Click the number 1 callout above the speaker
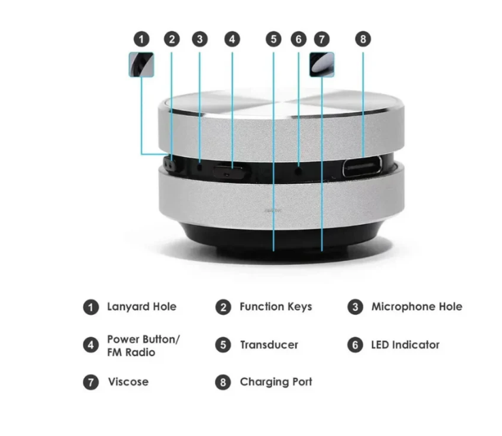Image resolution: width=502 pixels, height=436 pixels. tap(141, 40)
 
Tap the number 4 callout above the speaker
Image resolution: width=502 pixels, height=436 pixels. tap(232, 40)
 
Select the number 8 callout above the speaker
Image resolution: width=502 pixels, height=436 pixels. tap(363, 39)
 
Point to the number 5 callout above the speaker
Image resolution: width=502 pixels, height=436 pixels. tap(273, 39)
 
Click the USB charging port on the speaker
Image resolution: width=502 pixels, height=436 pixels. tap(363, 166)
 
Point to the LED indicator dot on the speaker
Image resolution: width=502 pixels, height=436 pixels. tap(299, 172)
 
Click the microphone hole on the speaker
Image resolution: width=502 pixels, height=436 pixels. tap(200, 167)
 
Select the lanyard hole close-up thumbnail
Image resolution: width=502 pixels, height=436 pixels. tap(141, 65)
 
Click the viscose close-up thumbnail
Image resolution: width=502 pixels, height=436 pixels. tap(322, 65)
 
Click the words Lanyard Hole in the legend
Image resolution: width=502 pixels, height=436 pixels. tap(142, 307)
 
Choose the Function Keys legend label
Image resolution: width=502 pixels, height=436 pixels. tap(276, 307)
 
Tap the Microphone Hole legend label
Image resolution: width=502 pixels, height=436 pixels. tap(417, 307)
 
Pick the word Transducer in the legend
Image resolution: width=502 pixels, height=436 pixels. tap(269, 345)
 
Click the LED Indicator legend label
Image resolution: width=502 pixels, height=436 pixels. tap(405, 345)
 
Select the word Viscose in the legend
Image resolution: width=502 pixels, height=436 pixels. tap(129, 381)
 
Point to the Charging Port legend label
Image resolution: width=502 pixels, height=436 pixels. tap(276, 382)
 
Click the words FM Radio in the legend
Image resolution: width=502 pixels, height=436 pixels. tap(131, 352)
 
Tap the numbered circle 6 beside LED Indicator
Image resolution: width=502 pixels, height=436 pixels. tap(355, 345)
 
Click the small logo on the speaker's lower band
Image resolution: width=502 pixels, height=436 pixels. tap(273, 211)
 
